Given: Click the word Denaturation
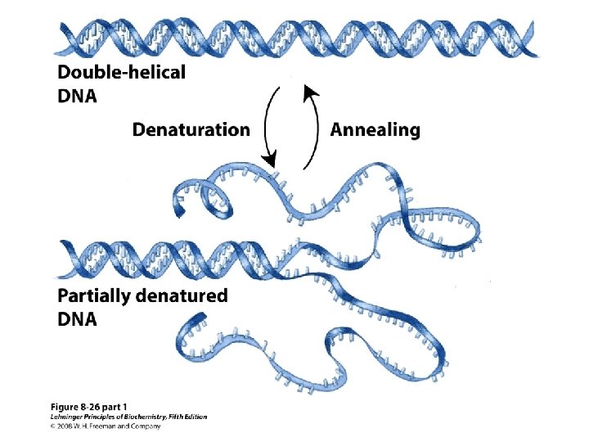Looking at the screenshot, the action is point(191,129).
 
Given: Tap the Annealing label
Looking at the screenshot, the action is point(375,129).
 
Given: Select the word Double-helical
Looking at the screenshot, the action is point(122,72).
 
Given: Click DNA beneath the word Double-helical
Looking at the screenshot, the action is point(77,96).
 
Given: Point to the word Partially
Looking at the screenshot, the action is point(92,296).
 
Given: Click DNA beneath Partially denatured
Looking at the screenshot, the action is point(77,320).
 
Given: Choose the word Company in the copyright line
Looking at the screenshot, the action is point(146,426).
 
